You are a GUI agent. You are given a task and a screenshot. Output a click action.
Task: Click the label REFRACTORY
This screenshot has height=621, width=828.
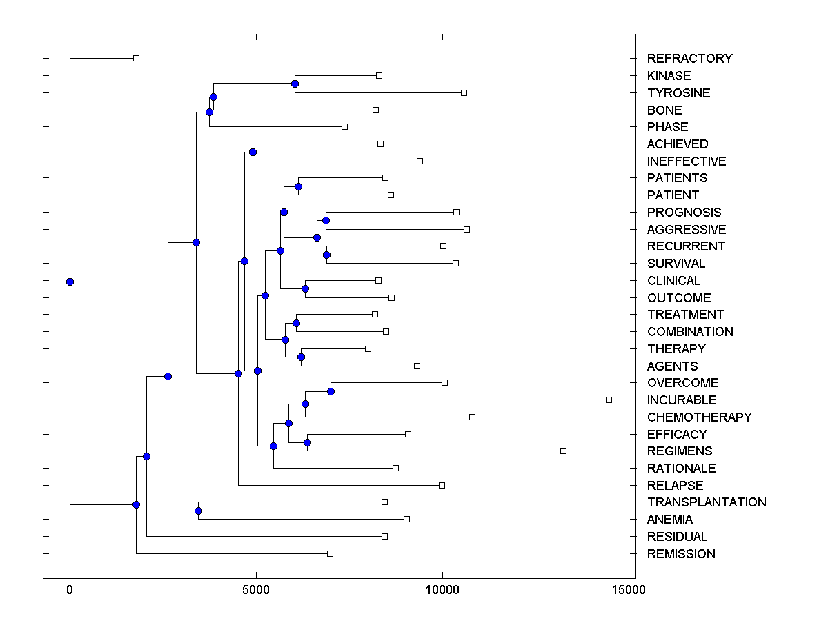pyautogui.click(x=689, y=59)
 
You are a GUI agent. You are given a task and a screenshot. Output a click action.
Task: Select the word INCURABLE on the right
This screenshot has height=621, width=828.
pyautogui.click(x=682, y=400)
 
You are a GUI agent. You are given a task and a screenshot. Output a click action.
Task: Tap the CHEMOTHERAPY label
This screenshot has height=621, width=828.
pyautogui.click(x=699, y=417)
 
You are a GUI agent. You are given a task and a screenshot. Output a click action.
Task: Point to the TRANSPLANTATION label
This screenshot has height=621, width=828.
pyautogui.click(x=707, y=502)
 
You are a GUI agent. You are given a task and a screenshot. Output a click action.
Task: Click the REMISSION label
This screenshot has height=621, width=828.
pyautogui.click(x=681, y=554)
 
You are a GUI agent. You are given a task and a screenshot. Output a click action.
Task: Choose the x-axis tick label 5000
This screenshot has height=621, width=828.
pyautogui.click(x=256, y=590)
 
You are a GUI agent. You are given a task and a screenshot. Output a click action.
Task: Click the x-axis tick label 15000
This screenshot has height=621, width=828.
pyautogui.click(x=629, y=590)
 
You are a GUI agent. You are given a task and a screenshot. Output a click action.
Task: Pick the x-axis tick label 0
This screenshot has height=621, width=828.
pyautogui.click(x=70, y=590)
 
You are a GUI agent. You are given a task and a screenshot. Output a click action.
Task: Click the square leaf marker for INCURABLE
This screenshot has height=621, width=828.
pyautogui.click(x=609, y=400)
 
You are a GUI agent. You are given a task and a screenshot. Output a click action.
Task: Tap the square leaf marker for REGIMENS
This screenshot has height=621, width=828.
pyautogui.click(x=563, y=451)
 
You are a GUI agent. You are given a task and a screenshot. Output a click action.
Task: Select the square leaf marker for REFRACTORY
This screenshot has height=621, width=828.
pyautogui.click(x=136, y=58)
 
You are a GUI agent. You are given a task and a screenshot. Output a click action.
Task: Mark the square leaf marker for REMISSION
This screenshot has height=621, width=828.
pyautogui.click(x=330, y=553)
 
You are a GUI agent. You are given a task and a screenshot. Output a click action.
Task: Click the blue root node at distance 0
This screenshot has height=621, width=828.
pyautogui.click(x=70, y=282)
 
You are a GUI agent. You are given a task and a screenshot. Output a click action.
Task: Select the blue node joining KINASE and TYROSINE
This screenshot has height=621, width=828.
pyautogui.click(x=295, y=84)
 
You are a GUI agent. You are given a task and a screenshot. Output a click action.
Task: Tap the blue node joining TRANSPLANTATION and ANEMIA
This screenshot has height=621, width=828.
pyautogui.click(x=198, y=511)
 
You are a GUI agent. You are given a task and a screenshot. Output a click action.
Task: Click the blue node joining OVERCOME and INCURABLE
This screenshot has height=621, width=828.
pyautogui.click(x=331, y=391)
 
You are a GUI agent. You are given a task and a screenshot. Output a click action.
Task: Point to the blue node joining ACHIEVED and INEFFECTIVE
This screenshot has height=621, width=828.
pyautogui.click(x=253, y=152)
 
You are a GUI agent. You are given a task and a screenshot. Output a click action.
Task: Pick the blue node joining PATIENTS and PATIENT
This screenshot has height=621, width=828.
pyautogui.click(x=298, y=186)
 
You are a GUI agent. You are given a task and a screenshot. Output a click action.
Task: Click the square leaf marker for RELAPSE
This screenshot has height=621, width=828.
pyautogui.click(x=442, y=485)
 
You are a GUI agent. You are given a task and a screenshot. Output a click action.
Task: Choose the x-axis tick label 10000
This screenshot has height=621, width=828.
pyautogui.click(x=442, y=590)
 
